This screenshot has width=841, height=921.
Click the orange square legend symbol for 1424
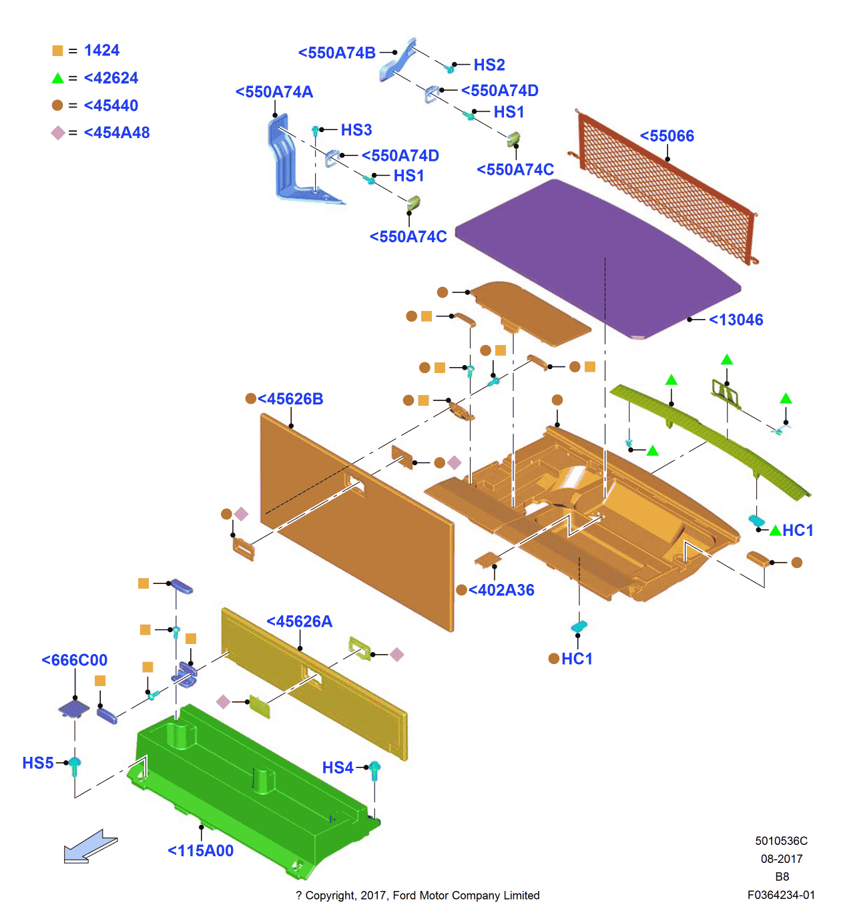[x=57, y=51]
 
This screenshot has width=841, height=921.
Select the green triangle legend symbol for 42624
[x=58, y=78]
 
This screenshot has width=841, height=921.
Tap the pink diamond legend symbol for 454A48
[x=58, y=133]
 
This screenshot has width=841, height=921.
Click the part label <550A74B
[x=336, y=53]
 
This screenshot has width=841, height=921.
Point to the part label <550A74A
[x=274, y=92]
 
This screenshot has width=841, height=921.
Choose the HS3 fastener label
[x=356, y=129]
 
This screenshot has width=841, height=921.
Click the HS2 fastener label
[x=489, y=65]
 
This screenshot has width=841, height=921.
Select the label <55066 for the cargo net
[x=667, y=136]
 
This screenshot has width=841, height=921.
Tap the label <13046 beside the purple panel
[x=736, y=320]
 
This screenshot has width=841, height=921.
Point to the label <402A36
[x=501, y=590]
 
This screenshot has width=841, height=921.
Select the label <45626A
[x=299, y=621]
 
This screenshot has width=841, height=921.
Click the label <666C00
[x=74, y=660]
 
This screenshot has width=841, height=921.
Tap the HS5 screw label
[x=37, y=763]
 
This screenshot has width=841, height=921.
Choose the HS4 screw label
[x=338, y=767]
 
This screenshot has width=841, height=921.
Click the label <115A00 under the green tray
[x=200, y=850]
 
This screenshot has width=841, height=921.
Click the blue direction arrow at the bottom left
[x=90, y=847]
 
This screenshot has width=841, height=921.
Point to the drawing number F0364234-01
[x=781, y=895]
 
